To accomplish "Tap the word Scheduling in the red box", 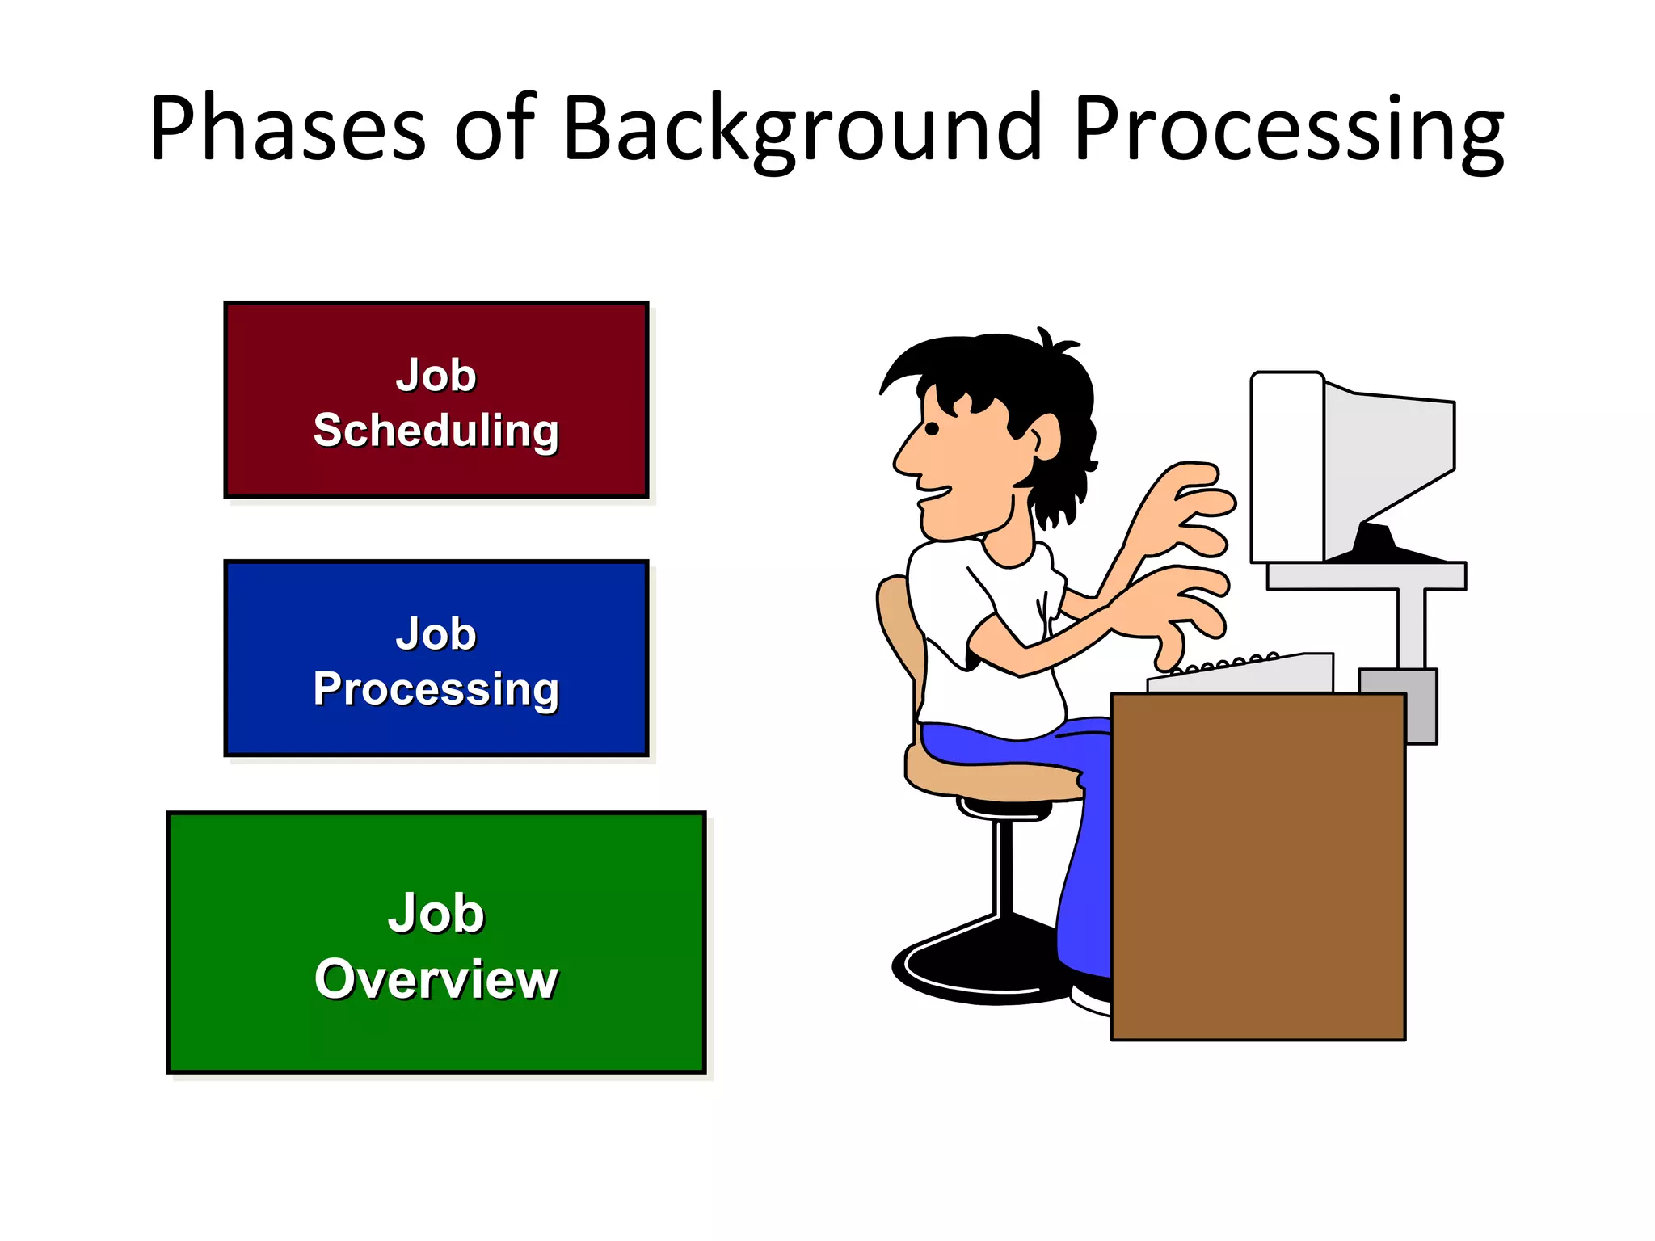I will pyautogui.click(x=436, y=430).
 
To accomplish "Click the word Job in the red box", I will pyautogui.click(x=436, y=376).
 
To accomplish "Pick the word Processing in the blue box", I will pyautogui.click(x=436, y=688).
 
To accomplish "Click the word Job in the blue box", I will pyautogui.click(x=436, y=634).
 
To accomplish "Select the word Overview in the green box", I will pyautogui.click(x=436, y=979).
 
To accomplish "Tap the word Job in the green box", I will pyautogui.click(x=436, y=914).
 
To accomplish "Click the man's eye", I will pyautogui.click(x=932, y=428).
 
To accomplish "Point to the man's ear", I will pyautogui.click(x=1046, y=437).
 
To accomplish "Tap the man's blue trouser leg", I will pyautogui.click(x=1083, y=889).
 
